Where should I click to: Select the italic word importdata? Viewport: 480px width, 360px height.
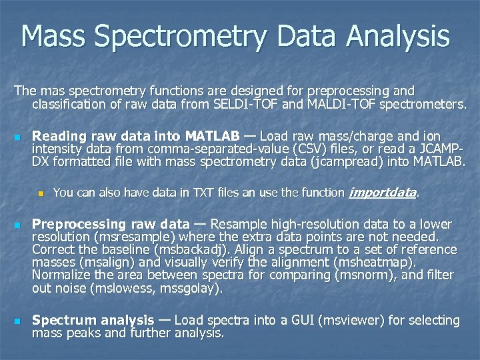383,193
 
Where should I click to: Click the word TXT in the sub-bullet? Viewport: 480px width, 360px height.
206,193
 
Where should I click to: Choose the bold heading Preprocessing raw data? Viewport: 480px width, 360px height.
111,224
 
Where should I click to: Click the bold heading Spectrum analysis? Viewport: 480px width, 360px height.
93,320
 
